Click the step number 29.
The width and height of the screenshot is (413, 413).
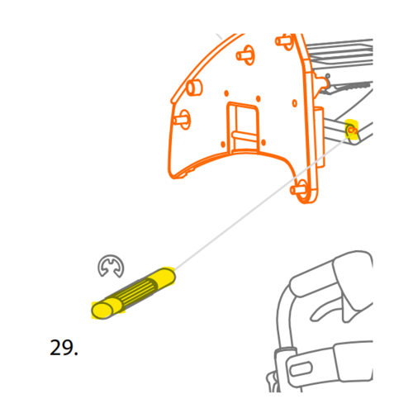click(x=64, y=348)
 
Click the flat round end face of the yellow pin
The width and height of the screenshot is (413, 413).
click(x=102, y=311)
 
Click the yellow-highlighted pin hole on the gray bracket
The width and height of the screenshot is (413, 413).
click(x=351, y=130)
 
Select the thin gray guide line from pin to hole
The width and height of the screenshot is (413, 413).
click(x=261, y=203)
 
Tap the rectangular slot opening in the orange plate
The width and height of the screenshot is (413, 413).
click(x=243, y=127)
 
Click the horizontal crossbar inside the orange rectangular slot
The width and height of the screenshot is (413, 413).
click(x=244, y=135)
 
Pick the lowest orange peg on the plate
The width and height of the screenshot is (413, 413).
click(x=298, y=189)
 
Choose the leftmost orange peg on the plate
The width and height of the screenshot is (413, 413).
click(x=181, y=120)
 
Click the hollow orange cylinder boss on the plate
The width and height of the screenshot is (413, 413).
click(x=194, y=87)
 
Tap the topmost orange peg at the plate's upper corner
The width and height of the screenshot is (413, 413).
click(x=284, y=42)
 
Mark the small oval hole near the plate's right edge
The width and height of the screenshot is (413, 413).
click(x=295, y=103)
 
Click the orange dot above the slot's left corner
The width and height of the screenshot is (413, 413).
click(x=226, y=93)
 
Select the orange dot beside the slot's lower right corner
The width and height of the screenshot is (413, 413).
click(x=263, y=143)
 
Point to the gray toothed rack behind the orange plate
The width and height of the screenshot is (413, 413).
click(x=350, y=87)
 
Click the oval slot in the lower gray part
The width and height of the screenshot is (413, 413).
click(x=301, y=369)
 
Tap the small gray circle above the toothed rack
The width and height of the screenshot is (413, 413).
click(x=328, y=75)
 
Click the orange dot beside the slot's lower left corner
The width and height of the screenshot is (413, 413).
click(x=223, y=145)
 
